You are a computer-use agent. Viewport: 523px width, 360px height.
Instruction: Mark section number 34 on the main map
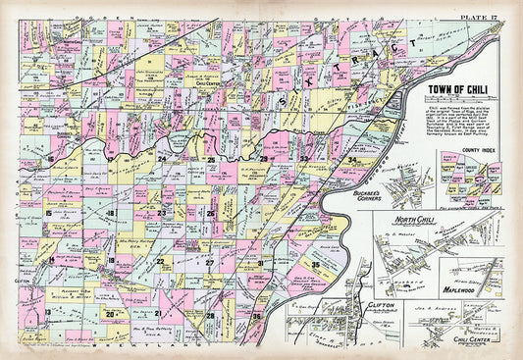(x=351, y=159)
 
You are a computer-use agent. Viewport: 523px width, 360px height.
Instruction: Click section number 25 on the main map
(x=210, y=159)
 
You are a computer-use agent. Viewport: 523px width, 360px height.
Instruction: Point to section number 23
(x=162, y=212)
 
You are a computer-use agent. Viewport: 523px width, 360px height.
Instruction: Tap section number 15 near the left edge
(x=48, y=212)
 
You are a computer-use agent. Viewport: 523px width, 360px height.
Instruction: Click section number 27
(x=209, y=263)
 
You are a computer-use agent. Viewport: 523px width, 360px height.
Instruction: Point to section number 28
(x=210, y=315)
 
